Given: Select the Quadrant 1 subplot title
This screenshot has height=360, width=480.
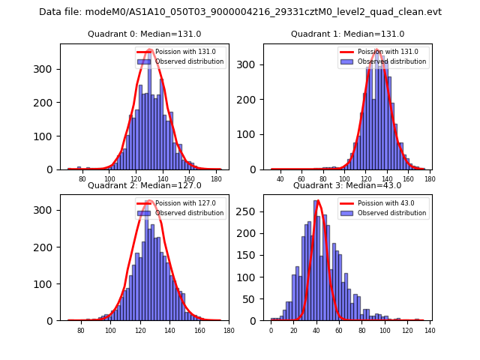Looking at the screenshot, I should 347,34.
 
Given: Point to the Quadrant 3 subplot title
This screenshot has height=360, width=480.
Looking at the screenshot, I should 347,185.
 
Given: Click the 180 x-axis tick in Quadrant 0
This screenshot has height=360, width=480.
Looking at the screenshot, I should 216,180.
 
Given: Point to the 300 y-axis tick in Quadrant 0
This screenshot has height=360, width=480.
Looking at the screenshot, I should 46,69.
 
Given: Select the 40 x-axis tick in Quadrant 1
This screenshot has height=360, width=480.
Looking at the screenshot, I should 280,179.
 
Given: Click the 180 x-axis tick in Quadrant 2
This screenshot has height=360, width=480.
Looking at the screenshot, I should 229,331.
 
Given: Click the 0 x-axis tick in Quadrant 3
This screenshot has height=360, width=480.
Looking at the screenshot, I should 271,331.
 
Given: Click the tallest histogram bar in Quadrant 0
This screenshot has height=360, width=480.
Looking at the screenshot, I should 149,112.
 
